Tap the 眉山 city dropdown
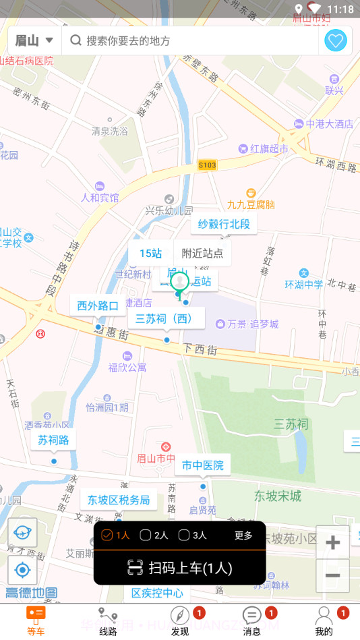click(x=34, y=41)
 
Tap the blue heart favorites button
click(x=336, y=41)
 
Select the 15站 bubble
click(x=150, y=254)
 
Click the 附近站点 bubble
click(x=202, y=254)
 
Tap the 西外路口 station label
click(x=98, y=306)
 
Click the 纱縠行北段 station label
click(x=224, y=224)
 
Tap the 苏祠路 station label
click(x=53, y=440)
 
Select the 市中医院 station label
click(x=203, y=465)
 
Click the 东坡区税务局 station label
click(x=119, y=500)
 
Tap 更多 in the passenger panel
click(x=243, y=535)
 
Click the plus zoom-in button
click(x=332, y=543)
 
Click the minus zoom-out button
click(x=332, y=575)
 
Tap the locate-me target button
click(x=23, y=571)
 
